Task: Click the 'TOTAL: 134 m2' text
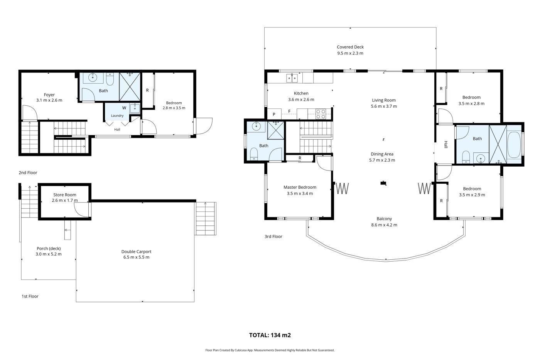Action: [270, 335]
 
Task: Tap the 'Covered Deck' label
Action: [350, 47]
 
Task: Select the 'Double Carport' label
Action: [136, 252]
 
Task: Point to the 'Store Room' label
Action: [65, 194]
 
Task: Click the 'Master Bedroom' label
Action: [300, 187]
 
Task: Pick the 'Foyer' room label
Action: [49, 95]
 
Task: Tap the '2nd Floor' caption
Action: [28, 172]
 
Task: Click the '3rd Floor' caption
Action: [273, 237]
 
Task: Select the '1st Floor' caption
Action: [30, 296]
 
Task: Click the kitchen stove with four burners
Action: [321, 114]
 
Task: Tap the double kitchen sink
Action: [292, 78]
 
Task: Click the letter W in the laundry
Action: [124, 108]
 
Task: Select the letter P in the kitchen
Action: [274, 114]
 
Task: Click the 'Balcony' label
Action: [384, 219]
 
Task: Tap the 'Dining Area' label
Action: [382, 154]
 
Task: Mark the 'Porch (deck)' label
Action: [49, 248]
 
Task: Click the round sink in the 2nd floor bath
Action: [93, 78]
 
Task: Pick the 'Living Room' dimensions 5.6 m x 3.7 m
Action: [383, 106]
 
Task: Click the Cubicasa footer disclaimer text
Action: [270, 350]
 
